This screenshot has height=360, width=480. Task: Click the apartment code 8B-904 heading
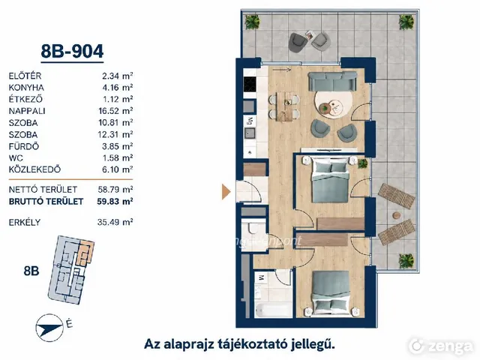pos(72,52)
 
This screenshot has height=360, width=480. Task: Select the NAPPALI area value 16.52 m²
pos(115,111)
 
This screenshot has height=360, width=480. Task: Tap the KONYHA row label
pos(26,88)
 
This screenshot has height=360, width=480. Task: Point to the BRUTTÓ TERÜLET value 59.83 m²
pos(115,201)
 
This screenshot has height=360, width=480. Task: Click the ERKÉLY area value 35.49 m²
pos(115,222)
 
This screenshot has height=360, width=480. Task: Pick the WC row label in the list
pos(16,158)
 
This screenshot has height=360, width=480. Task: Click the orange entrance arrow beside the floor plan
pos(226,192)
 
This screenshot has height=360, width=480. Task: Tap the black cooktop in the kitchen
pos(250,84)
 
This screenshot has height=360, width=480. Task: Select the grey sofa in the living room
pos(332,81)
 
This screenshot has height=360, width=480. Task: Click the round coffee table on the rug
pos(333,107)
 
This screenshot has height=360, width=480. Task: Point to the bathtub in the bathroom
pos(273,311)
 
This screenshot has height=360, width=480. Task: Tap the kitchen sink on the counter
pos(250,133)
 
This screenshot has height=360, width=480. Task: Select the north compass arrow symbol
pos(49,328)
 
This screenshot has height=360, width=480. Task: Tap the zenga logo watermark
pos(441,346)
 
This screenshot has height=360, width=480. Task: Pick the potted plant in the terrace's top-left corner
pos(252,22)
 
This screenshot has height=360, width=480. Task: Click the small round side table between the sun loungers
pos(397,215)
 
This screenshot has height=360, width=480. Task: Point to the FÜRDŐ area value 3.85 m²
pos(118,146)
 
